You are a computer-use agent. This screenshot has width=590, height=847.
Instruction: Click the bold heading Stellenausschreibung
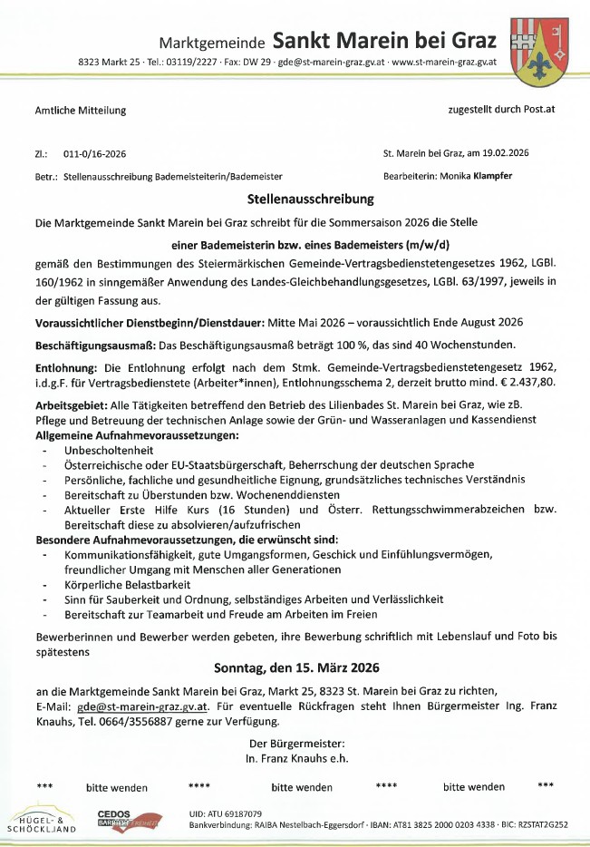(296, 198)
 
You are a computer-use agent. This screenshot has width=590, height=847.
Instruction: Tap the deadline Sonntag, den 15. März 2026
(296, 668)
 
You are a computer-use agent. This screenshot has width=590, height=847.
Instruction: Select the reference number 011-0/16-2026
(95, 154)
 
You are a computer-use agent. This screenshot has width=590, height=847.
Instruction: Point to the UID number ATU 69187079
(226, 813)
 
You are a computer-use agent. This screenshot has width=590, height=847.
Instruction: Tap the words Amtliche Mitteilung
(80, 111)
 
